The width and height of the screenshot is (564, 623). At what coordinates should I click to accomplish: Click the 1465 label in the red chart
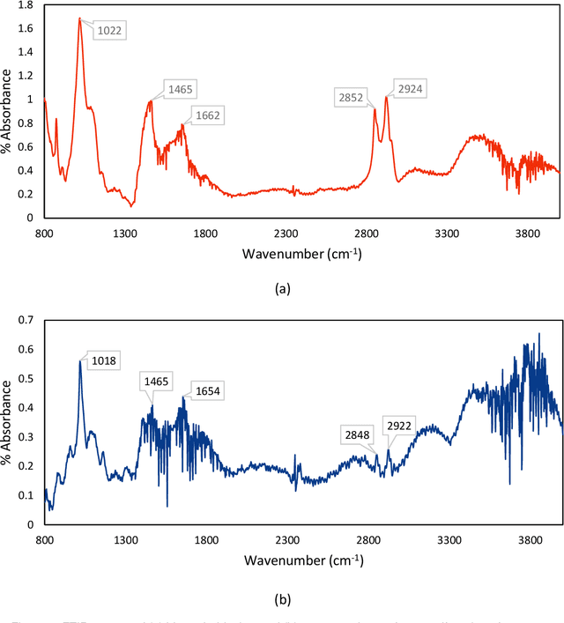coord(181,89)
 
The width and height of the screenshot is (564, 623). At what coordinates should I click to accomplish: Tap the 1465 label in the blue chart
coord(156,382)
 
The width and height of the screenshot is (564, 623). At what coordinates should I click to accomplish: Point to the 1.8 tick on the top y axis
coord(26,4)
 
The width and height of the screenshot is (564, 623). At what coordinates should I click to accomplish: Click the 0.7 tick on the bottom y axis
coord(26,320)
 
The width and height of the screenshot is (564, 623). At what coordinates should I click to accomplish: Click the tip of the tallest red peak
coord(79,18)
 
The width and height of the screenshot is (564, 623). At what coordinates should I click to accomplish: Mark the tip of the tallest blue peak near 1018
coord(80,360)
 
